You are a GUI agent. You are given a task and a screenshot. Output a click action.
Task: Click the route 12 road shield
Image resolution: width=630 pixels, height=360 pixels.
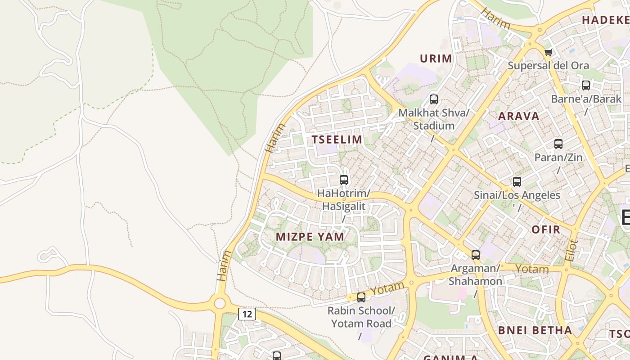click(247, 314)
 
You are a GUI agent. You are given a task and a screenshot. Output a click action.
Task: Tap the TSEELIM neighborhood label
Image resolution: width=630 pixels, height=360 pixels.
click(337, 139)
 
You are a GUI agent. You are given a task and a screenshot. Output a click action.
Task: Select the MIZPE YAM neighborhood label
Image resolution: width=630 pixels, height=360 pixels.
click(310, 237)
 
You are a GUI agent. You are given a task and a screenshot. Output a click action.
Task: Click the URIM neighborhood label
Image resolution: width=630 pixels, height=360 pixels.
click(436, 58)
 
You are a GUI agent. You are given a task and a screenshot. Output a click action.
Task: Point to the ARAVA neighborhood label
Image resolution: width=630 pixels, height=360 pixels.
click(519, 116)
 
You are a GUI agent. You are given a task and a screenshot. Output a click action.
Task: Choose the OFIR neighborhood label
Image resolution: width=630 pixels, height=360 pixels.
click(546, 229)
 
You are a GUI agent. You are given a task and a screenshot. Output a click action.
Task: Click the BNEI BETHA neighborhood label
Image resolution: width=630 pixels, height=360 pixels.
click(535, 330)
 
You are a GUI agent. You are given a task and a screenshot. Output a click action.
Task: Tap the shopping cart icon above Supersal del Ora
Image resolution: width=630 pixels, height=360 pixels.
click(548, 53)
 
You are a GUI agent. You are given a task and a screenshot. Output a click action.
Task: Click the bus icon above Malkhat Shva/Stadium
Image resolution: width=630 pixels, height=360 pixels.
click(434, 99)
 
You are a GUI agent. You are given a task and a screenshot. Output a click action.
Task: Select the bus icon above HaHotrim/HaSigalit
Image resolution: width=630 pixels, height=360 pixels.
click(344, 180)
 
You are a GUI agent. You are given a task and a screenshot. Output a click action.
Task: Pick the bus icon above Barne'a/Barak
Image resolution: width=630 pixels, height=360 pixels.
click(586, 85)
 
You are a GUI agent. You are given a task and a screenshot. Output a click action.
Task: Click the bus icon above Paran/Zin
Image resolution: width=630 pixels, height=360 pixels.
click(558, 144)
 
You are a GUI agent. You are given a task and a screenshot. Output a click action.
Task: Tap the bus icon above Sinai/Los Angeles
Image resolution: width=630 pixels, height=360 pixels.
click(517, 182)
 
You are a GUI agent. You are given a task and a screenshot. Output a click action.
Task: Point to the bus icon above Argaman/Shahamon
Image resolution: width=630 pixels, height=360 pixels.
click(476, 255)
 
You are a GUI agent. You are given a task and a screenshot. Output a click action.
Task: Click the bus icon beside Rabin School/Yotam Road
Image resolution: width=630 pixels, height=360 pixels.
click(361, 297)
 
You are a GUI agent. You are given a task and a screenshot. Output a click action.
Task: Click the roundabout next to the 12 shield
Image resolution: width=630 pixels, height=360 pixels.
click(220, 303)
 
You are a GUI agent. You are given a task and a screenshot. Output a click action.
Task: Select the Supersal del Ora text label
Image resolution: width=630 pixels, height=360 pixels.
click(548, 66)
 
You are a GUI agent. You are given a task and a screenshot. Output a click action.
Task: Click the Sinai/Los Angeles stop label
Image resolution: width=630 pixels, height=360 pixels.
click(517, 195)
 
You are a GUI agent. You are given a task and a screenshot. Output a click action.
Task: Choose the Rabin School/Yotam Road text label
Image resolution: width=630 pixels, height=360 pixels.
click(361, 317)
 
